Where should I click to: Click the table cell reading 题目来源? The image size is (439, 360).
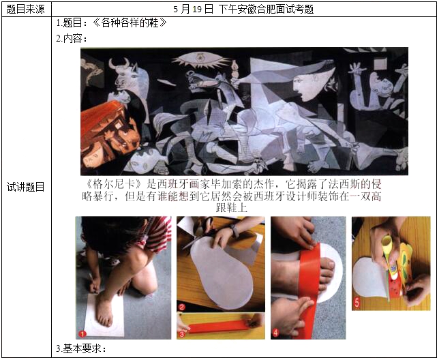(25, 10)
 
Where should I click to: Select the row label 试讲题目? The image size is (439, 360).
(25, 187)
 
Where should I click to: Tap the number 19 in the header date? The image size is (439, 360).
(197, 10)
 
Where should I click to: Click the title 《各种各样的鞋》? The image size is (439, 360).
(130, 22)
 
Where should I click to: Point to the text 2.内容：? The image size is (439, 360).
(72, 38)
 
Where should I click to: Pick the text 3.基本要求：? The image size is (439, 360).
(81, 349)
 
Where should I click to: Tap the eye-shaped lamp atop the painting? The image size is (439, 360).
(200, 59)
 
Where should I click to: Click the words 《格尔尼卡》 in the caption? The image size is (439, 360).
(114, 184)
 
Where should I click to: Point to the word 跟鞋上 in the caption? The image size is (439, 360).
(232, 208)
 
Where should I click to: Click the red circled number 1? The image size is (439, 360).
(82, 333)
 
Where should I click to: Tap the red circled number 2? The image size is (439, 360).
(182, 307)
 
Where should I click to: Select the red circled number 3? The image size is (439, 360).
(182, 334)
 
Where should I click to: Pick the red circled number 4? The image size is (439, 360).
(275, 333)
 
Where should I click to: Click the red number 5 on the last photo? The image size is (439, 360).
(357, 302)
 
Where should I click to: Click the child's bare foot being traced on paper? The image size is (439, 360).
(104, 311)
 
